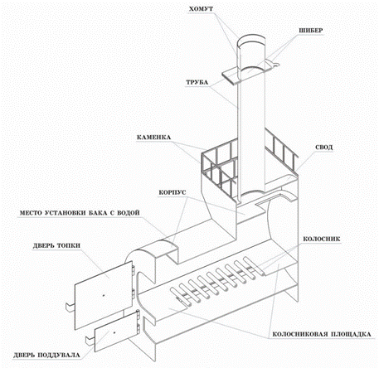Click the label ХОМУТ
[x=201, y=9]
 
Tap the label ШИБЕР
[x=311, y=31]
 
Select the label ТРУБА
[x=197, y=82]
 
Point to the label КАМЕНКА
[x=153, y=138]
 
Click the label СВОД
[x=324, y=148]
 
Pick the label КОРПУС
[x=172, y=192]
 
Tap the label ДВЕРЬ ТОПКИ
[x=56, y=245]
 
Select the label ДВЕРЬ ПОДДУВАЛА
[x=46, y=355]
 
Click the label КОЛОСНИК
[x=322, y=239]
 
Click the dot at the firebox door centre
[x=104, y=295]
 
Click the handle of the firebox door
[x=70, y=307]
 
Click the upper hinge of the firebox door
[x=134, y=270]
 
